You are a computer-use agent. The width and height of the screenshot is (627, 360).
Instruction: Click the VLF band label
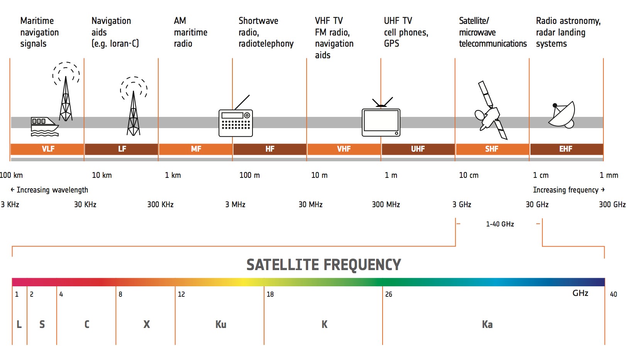click(48, 149)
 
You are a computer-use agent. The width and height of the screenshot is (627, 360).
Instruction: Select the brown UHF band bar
click(418, 149)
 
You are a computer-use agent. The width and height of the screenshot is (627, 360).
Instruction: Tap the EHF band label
click(566, 149)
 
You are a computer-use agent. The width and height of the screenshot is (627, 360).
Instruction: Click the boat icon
click(44, 127)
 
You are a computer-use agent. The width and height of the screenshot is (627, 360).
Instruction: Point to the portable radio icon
click(236, 116)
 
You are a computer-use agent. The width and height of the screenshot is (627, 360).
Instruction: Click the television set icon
click(381, 117)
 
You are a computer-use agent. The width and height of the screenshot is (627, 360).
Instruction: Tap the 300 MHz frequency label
click(386, 205)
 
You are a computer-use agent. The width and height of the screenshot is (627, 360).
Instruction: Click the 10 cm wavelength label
click(469, 176)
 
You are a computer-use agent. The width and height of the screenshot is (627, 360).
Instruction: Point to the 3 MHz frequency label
click(235, 205)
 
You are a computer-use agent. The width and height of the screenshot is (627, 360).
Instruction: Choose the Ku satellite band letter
click(221, 324)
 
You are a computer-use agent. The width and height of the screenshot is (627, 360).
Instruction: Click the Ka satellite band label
click(487, 324)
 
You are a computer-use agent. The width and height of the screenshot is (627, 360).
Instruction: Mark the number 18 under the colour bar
click(270, 294)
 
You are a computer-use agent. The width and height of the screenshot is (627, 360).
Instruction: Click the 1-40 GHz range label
click(500, 224)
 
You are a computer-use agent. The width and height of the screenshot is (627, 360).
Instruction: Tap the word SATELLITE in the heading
click(283, 265)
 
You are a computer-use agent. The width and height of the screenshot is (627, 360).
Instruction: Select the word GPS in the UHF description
click(391, 44)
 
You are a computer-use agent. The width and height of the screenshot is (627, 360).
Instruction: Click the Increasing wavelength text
click(52, 190)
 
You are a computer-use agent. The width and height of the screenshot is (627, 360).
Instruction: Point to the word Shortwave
click(258, 21)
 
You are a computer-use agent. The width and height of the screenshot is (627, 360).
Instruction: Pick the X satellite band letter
click(147, 324)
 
